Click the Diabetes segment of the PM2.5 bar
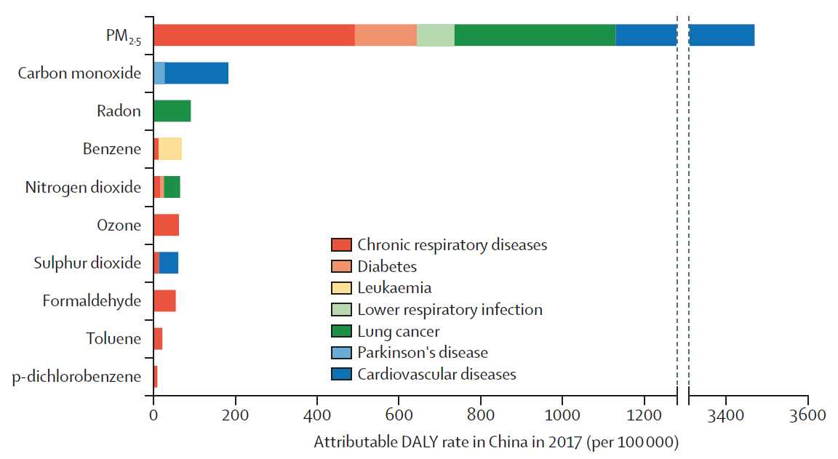tap(386, 35)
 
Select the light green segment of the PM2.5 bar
tap(436, 35)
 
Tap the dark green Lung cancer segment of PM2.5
tap(535, 35)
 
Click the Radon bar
tap(172, 111)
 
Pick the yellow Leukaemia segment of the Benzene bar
tap(170, 148)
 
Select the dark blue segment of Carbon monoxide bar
tap(196, 73)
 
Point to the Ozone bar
tap(166, 225)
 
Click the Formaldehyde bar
tap(164, 300)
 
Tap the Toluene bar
tap(158, 338)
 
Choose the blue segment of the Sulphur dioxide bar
tap(169, 263)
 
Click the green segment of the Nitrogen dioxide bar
tap(172, 187)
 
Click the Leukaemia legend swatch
tap(341, 288)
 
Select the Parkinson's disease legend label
tap(422, 353)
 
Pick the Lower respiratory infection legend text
tap(450, 310)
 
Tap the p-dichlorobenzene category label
tap(76, 377)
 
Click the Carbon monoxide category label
tap(79, 73)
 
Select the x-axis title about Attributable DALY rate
tap(496, 442)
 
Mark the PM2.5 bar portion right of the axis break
tap(721, 35)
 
